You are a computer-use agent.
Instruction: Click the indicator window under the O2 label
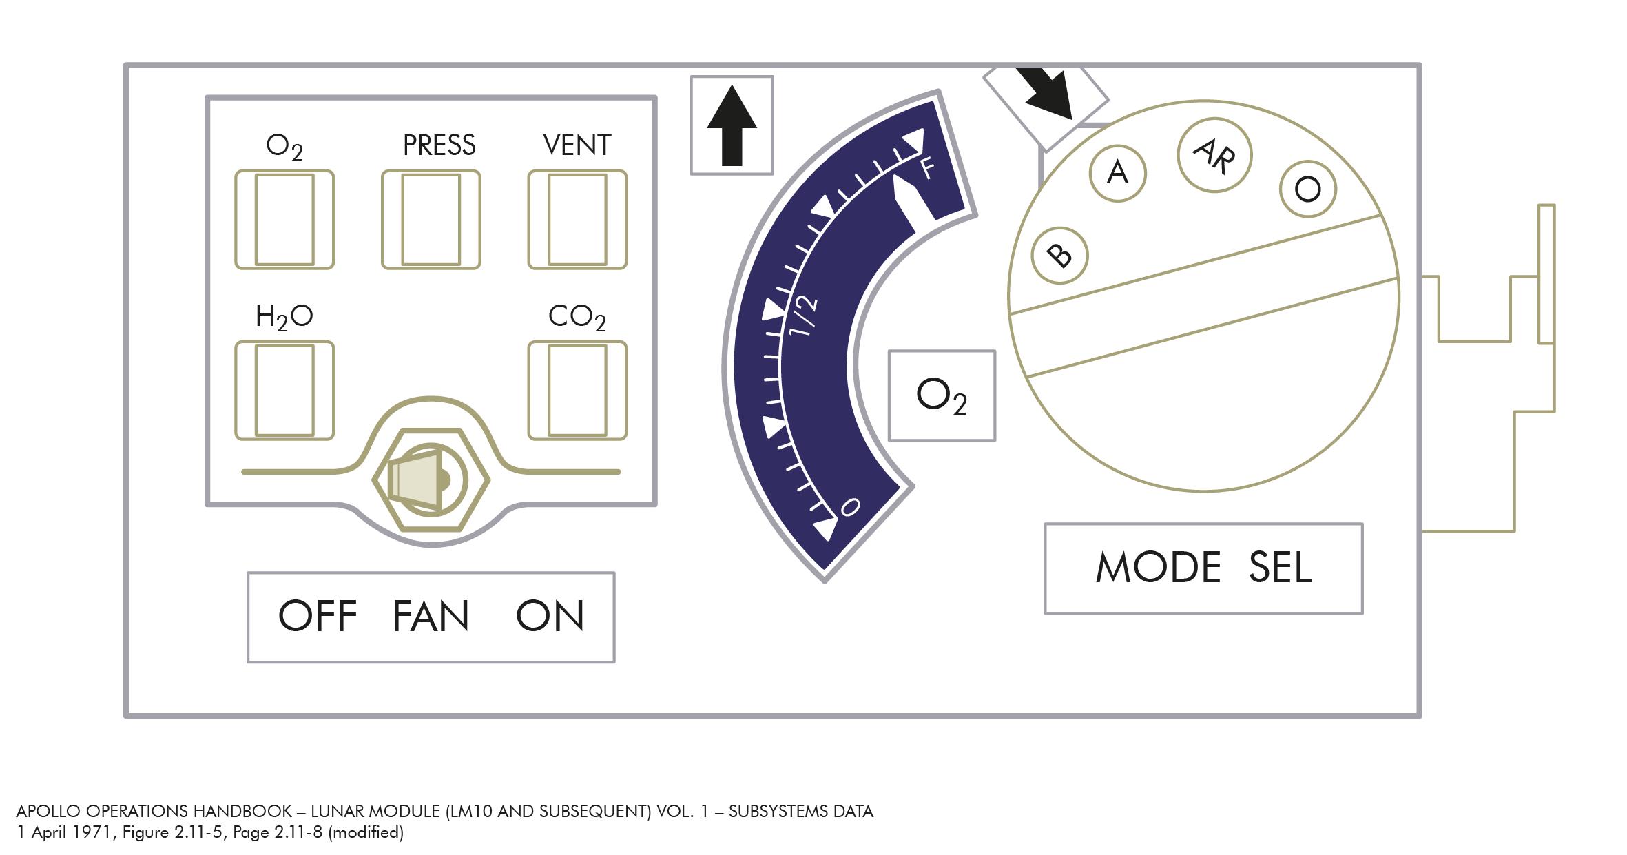[284, 220]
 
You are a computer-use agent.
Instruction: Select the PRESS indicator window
[431, 220]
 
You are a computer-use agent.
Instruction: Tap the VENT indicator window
[577, 220]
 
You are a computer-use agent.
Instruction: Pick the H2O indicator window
[284, 391]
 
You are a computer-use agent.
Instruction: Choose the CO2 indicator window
[577, 391]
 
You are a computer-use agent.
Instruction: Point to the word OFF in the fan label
[318, 616]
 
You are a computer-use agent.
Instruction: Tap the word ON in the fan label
[550, 616]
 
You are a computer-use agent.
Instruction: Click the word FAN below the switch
[431, 616]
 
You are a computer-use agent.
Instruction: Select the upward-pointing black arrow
[732, 125]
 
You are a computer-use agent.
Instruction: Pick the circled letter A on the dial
[1118, 173]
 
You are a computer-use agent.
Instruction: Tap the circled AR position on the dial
[1214, 156]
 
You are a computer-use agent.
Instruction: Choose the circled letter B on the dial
[1059, 256]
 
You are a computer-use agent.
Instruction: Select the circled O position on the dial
[1307, 189]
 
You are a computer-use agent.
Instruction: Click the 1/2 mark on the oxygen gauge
[803, 316]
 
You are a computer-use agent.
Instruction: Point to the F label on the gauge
[927, 167]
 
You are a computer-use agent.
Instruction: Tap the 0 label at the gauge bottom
[851, 508]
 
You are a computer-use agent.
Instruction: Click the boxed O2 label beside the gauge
[942, 395]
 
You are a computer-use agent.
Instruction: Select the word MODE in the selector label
[1159, 568]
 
